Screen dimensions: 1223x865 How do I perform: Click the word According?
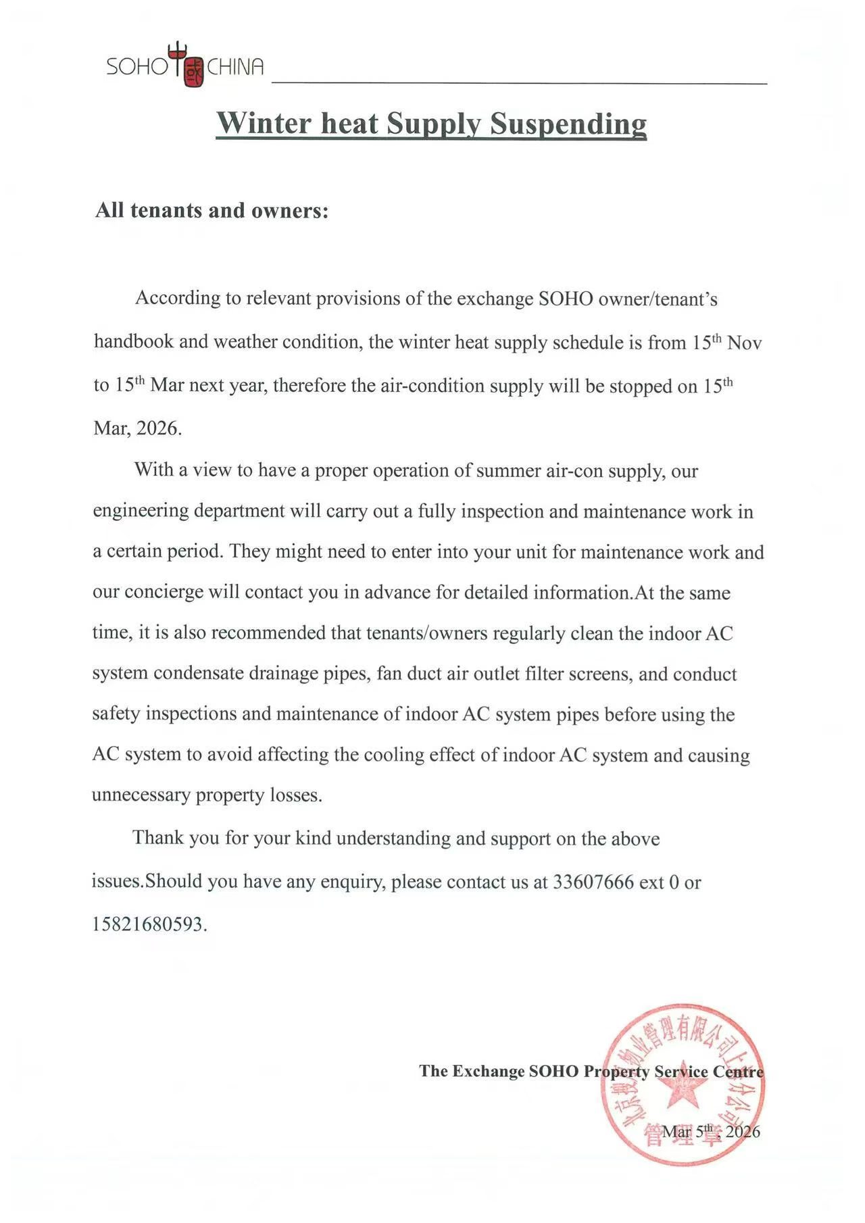pyautogui.click(x=178, y=298)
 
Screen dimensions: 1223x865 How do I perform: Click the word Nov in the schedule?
pyautogui.click(x=745, y=343)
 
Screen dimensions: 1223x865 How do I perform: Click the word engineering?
pyautogui.click(x=140, y=511)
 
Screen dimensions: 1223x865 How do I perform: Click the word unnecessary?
pyautogui.click(x=141, y=795)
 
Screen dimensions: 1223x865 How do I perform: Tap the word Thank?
pyautogui.click(x=157, y=838)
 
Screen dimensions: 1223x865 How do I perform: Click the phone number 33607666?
pyautogui.click(x=593, y=882)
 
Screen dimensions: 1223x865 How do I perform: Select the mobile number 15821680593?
pyautogui.click(x=148, y=924)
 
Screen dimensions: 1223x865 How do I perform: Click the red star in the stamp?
pyautogui.click(x=681, y=1086)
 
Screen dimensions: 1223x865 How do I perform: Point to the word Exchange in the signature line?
pyautogui.click(x=488, y=1071)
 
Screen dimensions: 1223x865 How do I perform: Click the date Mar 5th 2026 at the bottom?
pyautogui.click(x=711, y=1132)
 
